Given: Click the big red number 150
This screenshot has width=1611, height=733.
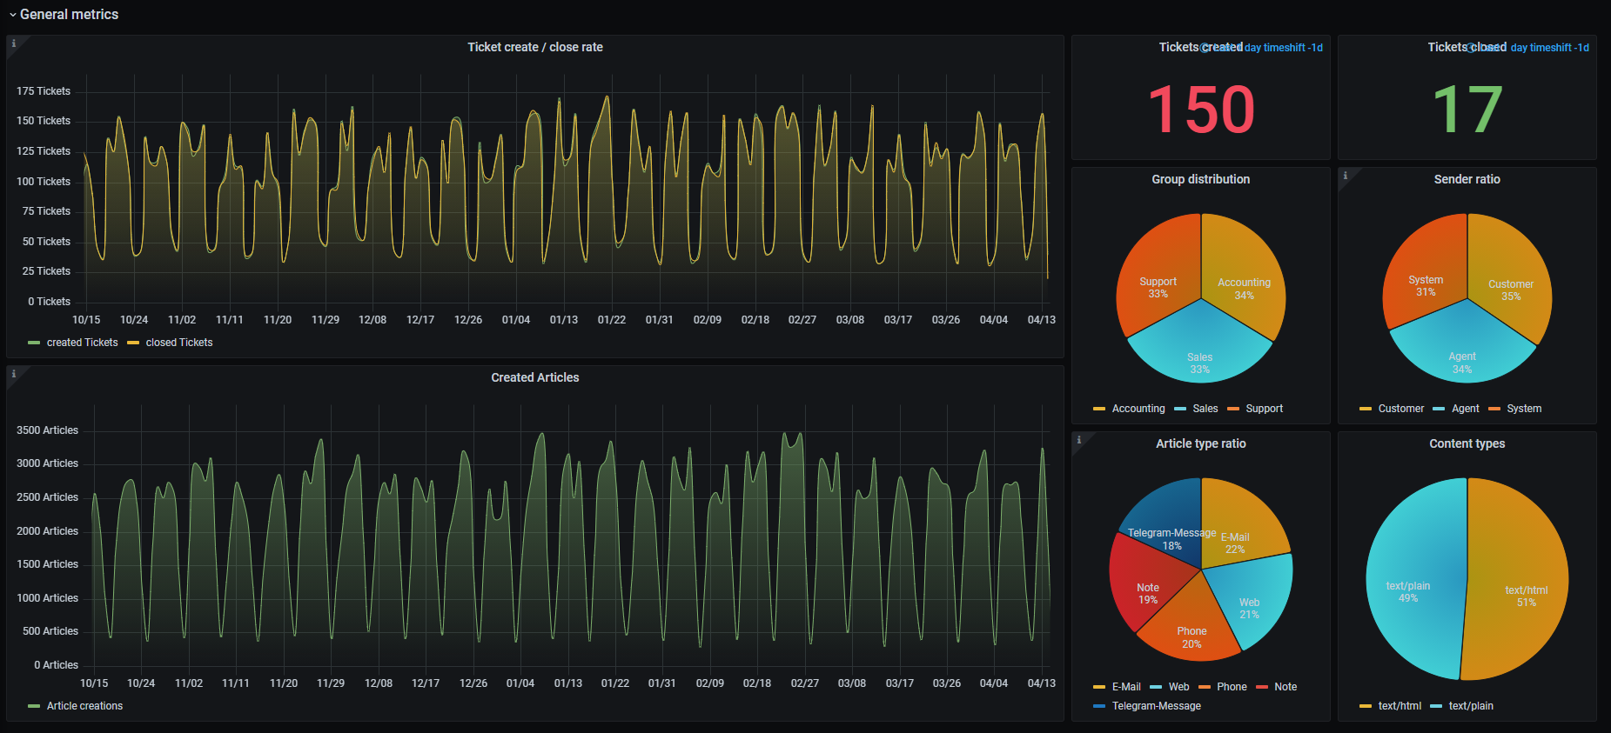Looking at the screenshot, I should pyautogui.click(x=1201, y=110).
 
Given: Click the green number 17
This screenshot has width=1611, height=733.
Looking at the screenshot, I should pyautogui.click(x=1467, y=110).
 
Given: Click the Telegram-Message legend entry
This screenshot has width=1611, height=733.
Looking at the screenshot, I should pyautogui.click(x=1156, y=706).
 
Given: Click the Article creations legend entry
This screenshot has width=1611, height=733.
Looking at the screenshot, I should pyautogui.click(x=84, y=706).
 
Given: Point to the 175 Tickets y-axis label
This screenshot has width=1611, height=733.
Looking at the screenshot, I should pyautogui.click(x=44, y=91).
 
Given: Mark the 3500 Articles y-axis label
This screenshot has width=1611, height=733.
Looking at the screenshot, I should pyautogui.click(x=47, y=430).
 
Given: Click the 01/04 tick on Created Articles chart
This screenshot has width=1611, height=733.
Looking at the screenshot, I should pyautogui.click(x=520, y=683).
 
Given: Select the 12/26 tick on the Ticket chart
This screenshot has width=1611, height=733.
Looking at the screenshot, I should pyautogui.click(x=468, y=320).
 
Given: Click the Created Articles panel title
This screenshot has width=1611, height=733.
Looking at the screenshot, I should pyautogui.click(x=534, y=377).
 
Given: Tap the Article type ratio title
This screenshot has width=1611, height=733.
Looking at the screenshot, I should pyautogui.click(x=1200, y=443).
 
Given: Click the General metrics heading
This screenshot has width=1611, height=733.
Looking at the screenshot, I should pyautogui.click(x=69, y=15).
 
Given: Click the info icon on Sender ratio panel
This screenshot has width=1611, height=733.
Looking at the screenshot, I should pyautogui.click(x=1346, y=176).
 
